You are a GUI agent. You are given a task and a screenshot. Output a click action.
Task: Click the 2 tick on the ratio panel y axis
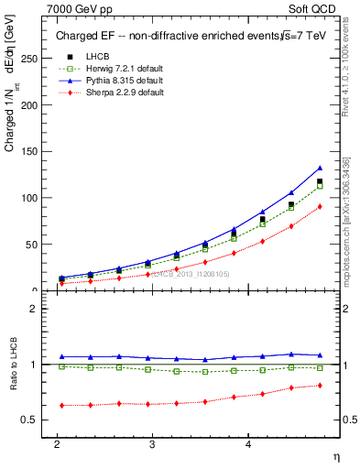(34, 309)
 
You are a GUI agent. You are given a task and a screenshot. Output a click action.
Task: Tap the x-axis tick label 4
(247, 443)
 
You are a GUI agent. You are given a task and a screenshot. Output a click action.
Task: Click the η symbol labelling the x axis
(334, 456)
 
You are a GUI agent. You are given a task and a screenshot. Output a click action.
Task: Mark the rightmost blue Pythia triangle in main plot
(320, 168)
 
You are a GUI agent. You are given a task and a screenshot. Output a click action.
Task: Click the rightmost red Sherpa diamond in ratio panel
(320, 385)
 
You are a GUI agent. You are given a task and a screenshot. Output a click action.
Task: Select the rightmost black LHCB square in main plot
(320, 181)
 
